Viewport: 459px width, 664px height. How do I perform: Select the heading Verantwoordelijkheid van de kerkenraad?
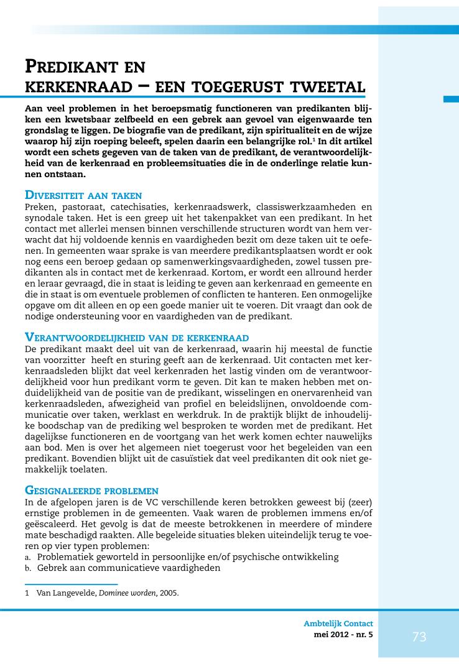pos(136,336)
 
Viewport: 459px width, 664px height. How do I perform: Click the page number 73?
pos(419,637)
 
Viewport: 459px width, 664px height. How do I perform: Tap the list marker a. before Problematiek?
pos(28,557)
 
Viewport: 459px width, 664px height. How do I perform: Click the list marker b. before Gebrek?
pos(29,568)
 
